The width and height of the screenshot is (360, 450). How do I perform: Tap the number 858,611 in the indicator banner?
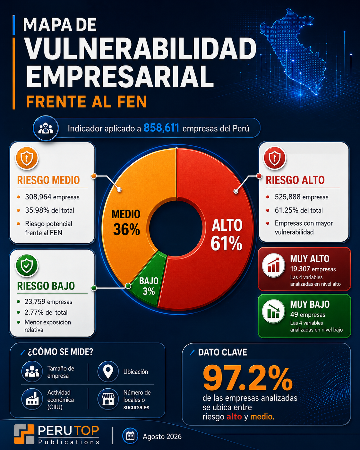pyautogui.click(x=161, y=128)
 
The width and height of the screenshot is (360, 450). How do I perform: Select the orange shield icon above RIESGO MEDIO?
pyautogui.click(x=27, y=158)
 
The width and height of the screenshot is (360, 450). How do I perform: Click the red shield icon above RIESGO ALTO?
pyautogui.click(x=275, y=158)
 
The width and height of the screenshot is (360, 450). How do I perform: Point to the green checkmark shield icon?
pyautogui.click(x=27, y=265)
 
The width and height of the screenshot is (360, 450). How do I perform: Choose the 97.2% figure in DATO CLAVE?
pyautogui.click(x=247, y=379)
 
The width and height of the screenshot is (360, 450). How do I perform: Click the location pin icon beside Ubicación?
pyautogui.click(x=108, y=372)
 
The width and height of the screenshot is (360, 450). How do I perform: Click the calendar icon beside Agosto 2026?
pyautogui.click(x=130, y=436)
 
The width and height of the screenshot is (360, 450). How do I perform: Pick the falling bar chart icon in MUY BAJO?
pyautogui.click(x=274, y=311)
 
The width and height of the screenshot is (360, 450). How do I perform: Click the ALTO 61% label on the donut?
pyautogui.click(x=227, y=235)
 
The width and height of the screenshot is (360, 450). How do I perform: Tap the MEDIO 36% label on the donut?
pyautogui.click(x=126, y=222)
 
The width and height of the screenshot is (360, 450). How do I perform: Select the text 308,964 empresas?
pyautogui.click(x=52, y=197)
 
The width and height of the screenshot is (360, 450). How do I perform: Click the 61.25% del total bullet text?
pyautogui.click(x=299, y=210)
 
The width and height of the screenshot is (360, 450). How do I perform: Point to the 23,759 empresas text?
pyautogui.click(x=48, y=301)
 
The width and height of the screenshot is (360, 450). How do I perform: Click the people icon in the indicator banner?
pyautogui.click(x=46, y=128)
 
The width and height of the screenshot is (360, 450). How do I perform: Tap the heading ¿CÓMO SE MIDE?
pyautogui.click(x=60, y=352)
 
